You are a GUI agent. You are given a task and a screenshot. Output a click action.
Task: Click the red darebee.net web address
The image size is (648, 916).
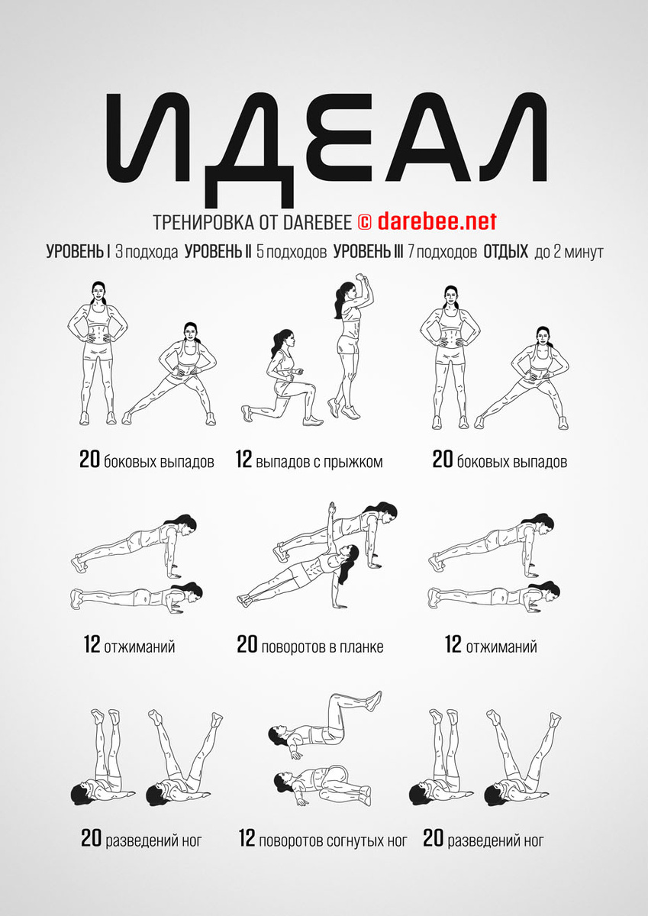pyautogui.click(x=437, y=221)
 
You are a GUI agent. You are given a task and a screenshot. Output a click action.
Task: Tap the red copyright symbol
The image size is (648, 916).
pyautogui.click(x=364, y=222)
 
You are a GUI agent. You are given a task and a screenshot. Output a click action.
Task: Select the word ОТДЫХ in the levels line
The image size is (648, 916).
pyautogui.click(x=506, y=252)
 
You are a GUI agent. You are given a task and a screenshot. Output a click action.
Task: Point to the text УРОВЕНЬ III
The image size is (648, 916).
pyautogui.click(x=369, y=252)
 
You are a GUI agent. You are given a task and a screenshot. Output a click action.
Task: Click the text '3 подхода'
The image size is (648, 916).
pyautogui.click(x=147, y=253)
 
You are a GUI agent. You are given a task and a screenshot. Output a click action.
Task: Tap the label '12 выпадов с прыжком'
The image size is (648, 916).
pyautogui.click(x=309, y=460)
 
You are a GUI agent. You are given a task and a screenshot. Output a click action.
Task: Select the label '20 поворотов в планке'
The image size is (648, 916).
pyautogui.click(x=311, y=645)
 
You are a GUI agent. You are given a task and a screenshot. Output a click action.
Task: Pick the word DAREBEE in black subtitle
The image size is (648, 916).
pyautogui.click(x=318, y=222)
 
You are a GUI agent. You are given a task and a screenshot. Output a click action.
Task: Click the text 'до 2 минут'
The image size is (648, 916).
pyautogui.click(x=569, y=253)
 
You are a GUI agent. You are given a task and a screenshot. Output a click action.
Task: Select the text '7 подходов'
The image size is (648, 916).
pyautogui.click(x=441, y=253)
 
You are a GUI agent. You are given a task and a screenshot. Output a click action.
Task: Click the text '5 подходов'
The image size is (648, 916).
pyautogui.click(x=292, y=253)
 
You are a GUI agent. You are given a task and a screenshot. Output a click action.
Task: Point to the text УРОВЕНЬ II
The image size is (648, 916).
pyautogui.click(x=218, y=252)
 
